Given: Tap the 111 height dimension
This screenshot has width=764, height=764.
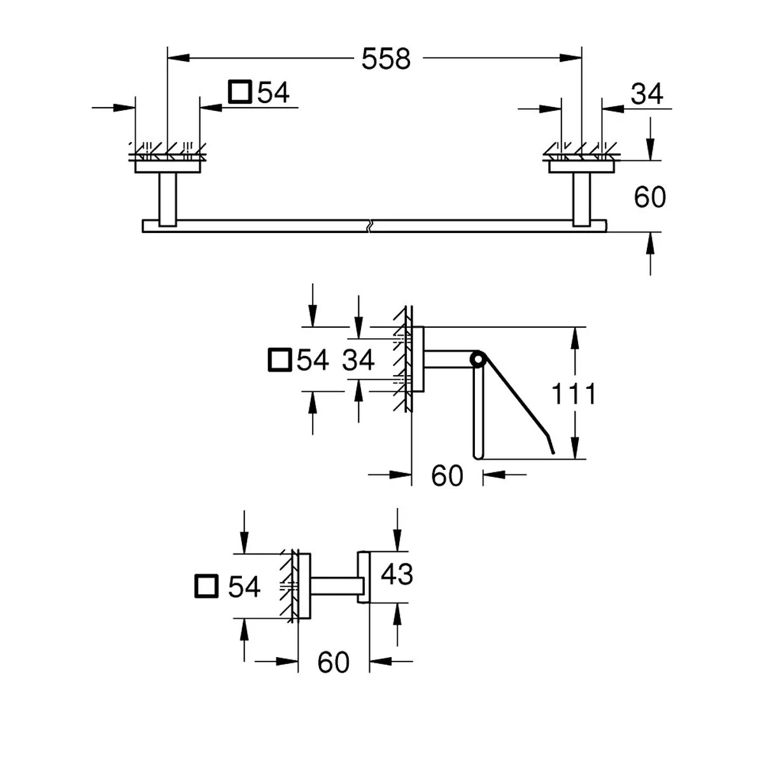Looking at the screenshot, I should (x=574, y=394).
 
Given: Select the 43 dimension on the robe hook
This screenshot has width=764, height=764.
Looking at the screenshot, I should (x=396, y=574).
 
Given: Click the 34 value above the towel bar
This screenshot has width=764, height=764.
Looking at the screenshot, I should (x=647, y=94).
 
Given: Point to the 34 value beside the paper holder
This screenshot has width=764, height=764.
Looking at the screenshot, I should (x=358, y=360).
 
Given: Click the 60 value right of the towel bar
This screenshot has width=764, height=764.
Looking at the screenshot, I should (x=649, y=197).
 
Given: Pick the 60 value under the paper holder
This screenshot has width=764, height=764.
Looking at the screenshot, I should (x=447, y=476).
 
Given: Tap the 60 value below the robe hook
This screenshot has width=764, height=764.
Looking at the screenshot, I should (x=333, y=663).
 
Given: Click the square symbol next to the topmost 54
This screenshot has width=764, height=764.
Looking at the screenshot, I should (x=240, y=92).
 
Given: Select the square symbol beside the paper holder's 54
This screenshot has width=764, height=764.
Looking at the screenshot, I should (x=279, y=360).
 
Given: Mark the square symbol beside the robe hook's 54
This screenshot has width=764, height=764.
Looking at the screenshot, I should (x=206, y=586).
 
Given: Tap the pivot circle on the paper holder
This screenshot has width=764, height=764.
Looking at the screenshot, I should (x=477, y=360).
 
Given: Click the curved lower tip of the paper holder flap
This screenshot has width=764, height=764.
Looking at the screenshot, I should (x=551, y=449).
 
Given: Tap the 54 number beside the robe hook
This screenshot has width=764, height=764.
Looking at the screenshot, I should (x=244, y=586).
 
